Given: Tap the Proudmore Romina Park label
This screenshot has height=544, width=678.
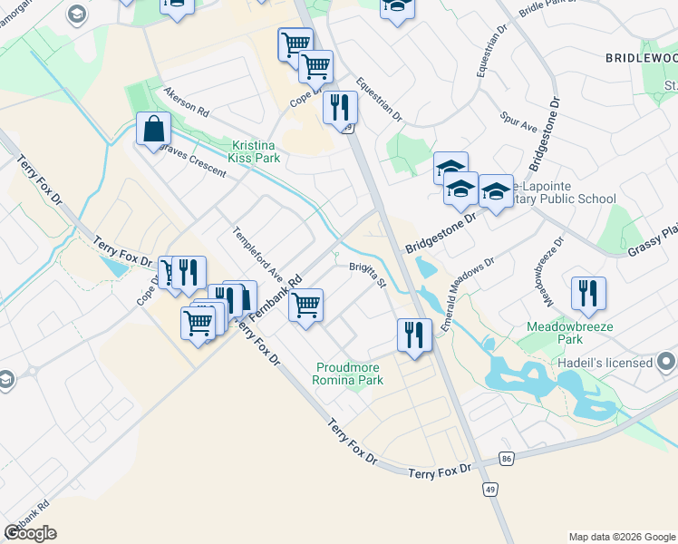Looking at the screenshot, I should (x=348, y=374).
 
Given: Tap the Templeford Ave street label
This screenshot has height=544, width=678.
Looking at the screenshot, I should (x=259, y=253).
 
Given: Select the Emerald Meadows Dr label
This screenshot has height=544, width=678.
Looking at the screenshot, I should (x=467, y=296).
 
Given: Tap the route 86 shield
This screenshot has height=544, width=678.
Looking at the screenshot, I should (x=506, y=460).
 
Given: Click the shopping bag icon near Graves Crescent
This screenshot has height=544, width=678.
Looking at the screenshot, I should (x=153, y=129).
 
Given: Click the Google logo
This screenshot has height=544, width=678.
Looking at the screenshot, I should (x=30, y=533).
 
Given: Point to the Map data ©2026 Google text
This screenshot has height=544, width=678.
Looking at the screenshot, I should (x=621, y=537).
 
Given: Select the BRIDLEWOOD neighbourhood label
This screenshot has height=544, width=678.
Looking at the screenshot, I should (x=641, y=57).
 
